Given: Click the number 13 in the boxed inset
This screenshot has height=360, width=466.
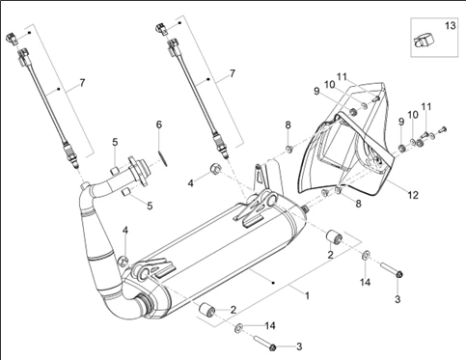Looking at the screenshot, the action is pyautogui.click(x=451, y=25).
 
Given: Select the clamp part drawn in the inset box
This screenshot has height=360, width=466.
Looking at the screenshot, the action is pyautogui.click(x=423, y=42).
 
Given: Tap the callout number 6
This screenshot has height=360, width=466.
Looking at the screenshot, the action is pyautogui.click(x=159, y=125).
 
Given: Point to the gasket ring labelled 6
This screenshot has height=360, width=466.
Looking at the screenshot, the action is pyautogui.click(x=163, y=158).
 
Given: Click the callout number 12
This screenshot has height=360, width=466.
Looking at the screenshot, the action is pyautogui.click(x=413, y=195).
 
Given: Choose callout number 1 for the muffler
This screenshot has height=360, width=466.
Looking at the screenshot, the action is pyautogui.click(x=307, y=295).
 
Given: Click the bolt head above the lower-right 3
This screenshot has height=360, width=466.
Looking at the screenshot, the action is pyautogui.click(x=399, y=274).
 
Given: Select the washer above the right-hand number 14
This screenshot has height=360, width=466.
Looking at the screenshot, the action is pyautogui.click(x=366, y=256).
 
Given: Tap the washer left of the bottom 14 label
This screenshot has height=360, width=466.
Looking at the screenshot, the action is pyautogui.click(x=238, y=328).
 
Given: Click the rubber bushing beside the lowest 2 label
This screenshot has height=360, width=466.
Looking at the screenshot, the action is pyautogui.click(x=206, y=310).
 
